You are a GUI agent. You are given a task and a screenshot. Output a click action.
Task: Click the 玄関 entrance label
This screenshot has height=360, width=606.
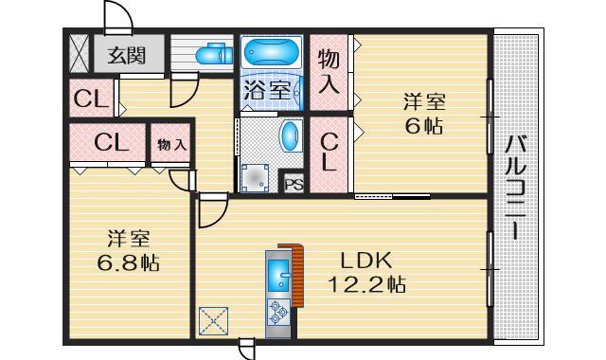click(x=125, y=55)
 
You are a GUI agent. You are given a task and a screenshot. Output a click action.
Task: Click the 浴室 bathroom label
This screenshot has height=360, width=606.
click(x=267, y=92)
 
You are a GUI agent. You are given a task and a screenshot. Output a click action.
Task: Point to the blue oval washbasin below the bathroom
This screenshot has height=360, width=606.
click(x=290, y=135)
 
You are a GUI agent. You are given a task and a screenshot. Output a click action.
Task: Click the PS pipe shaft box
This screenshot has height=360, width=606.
click(x=294, y=184)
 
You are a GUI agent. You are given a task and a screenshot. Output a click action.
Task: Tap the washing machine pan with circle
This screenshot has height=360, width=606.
click(x=256, y=177)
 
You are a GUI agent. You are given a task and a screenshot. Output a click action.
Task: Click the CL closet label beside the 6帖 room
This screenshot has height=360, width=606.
click(x=329, y=152)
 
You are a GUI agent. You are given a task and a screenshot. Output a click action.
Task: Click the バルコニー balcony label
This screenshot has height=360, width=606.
click(x=517, y=189)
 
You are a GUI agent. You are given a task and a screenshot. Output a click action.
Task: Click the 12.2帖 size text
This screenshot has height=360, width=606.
click(x=367, y=283)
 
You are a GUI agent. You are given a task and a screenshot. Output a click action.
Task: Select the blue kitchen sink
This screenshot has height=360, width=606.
click(x=279, y=276)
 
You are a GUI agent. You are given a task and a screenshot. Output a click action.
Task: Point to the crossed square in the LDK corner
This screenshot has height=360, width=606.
click(x=215, y=321)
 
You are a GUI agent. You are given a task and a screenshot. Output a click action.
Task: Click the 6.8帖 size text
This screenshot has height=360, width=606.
click(x=126, y=262)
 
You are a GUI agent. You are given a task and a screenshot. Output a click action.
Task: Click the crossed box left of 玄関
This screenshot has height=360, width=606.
click(x=79, y=54)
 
